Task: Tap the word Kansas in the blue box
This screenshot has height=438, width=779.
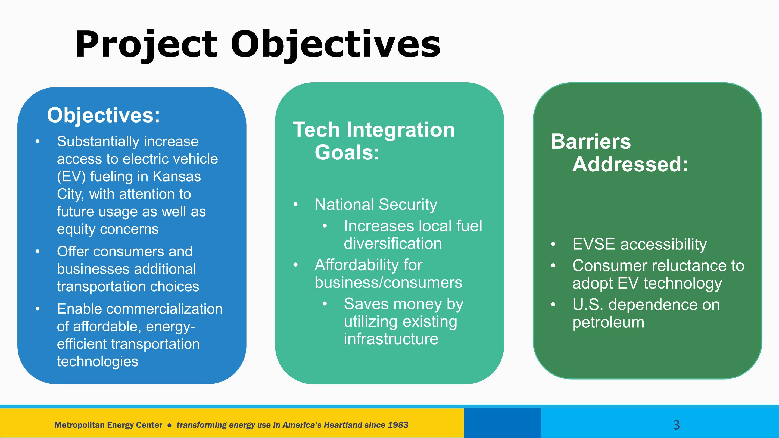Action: click(x=177, y=176)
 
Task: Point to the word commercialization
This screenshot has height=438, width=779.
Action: click(x=164, y=309)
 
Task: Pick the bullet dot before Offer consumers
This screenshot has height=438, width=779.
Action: click(x=38, y=252)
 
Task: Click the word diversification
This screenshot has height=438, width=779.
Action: click(x=393, y=243)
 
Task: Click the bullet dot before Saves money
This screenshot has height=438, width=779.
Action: click(x=325, y=304)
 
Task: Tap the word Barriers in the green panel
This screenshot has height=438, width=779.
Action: click(x=591, y=142)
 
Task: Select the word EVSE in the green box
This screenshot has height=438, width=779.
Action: click(x=594, y=244)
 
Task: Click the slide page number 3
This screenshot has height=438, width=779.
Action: click(x=677, y=425)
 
